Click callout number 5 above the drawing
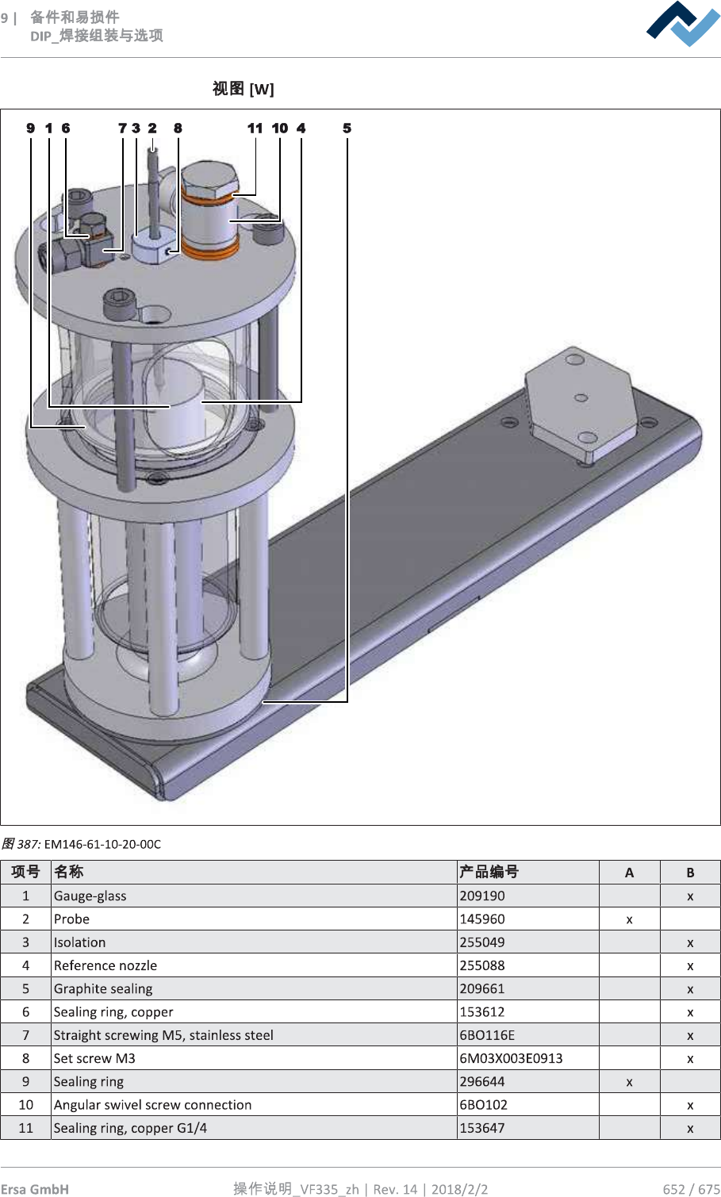(x=347, y=129)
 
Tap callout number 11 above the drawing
(x=255, y=129)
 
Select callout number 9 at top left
(x=30, y=129)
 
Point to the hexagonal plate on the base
(x=581, y=404)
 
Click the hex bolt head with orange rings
(x=209, y=181)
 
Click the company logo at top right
(x=682, y=24)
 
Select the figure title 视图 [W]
(x=244, y=89)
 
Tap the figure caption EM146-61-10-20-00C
(x=102, y=844)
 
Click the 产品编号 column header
(x=489, y=872)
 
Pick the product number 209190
(x=482, y=896)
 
